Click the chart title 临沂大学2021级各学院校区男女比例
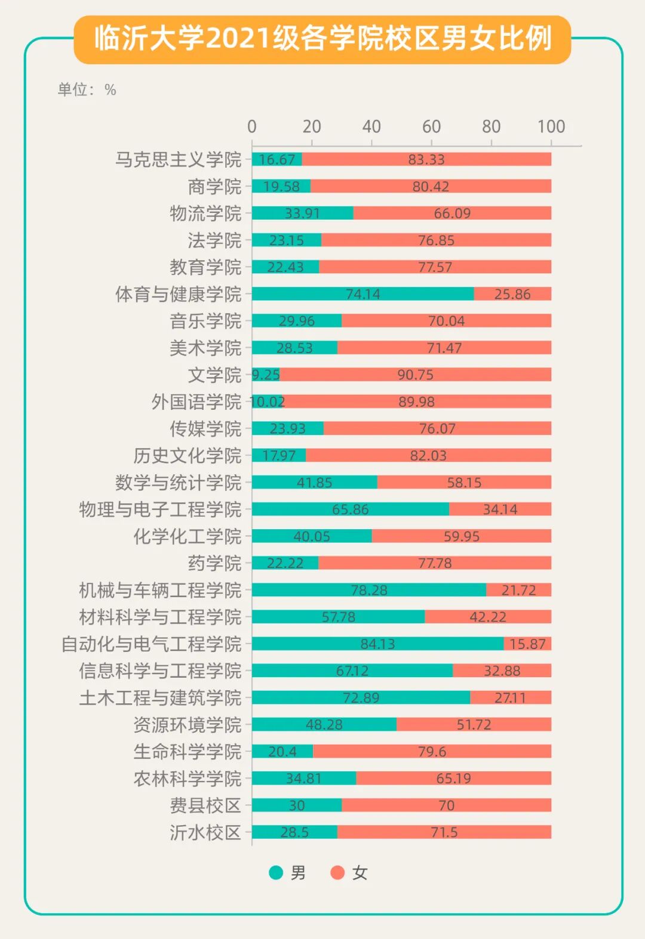pyautogui.click(x=322, y=39)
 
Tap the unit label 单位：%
pyautogui.click(x=87, y=90)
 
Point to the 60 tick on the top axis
pyautogui.click(x=431, y=126)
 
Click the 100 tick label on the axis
pyautogui.click(x=551, y=126)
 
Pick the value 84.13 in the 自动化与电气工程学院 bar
pyautogui.click(x=377, y=644)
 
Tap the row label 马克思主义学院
pyautogui.click(x=178, y=159)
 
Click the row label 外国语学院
pyautogui.click(x=196, y=401)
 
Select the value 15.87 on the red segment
pyautogui.click(x=527, y=644)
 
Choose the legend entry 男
pyautogui.click(x=288, y=873)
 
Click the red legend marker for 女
pyautogui.click(x=338, y=873)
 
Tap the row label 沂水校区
pyautogui.click(x=205, y=832)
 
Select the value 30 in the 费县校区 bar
pyautogui.click(x=297, y=805)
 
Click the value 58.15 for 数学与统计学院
pyautogui.click(x=464, y=482)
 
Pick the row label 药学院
pyautogui.click(x=214, y=563)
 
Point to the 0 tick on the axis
pyautogui.click(x=252, y=126)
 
